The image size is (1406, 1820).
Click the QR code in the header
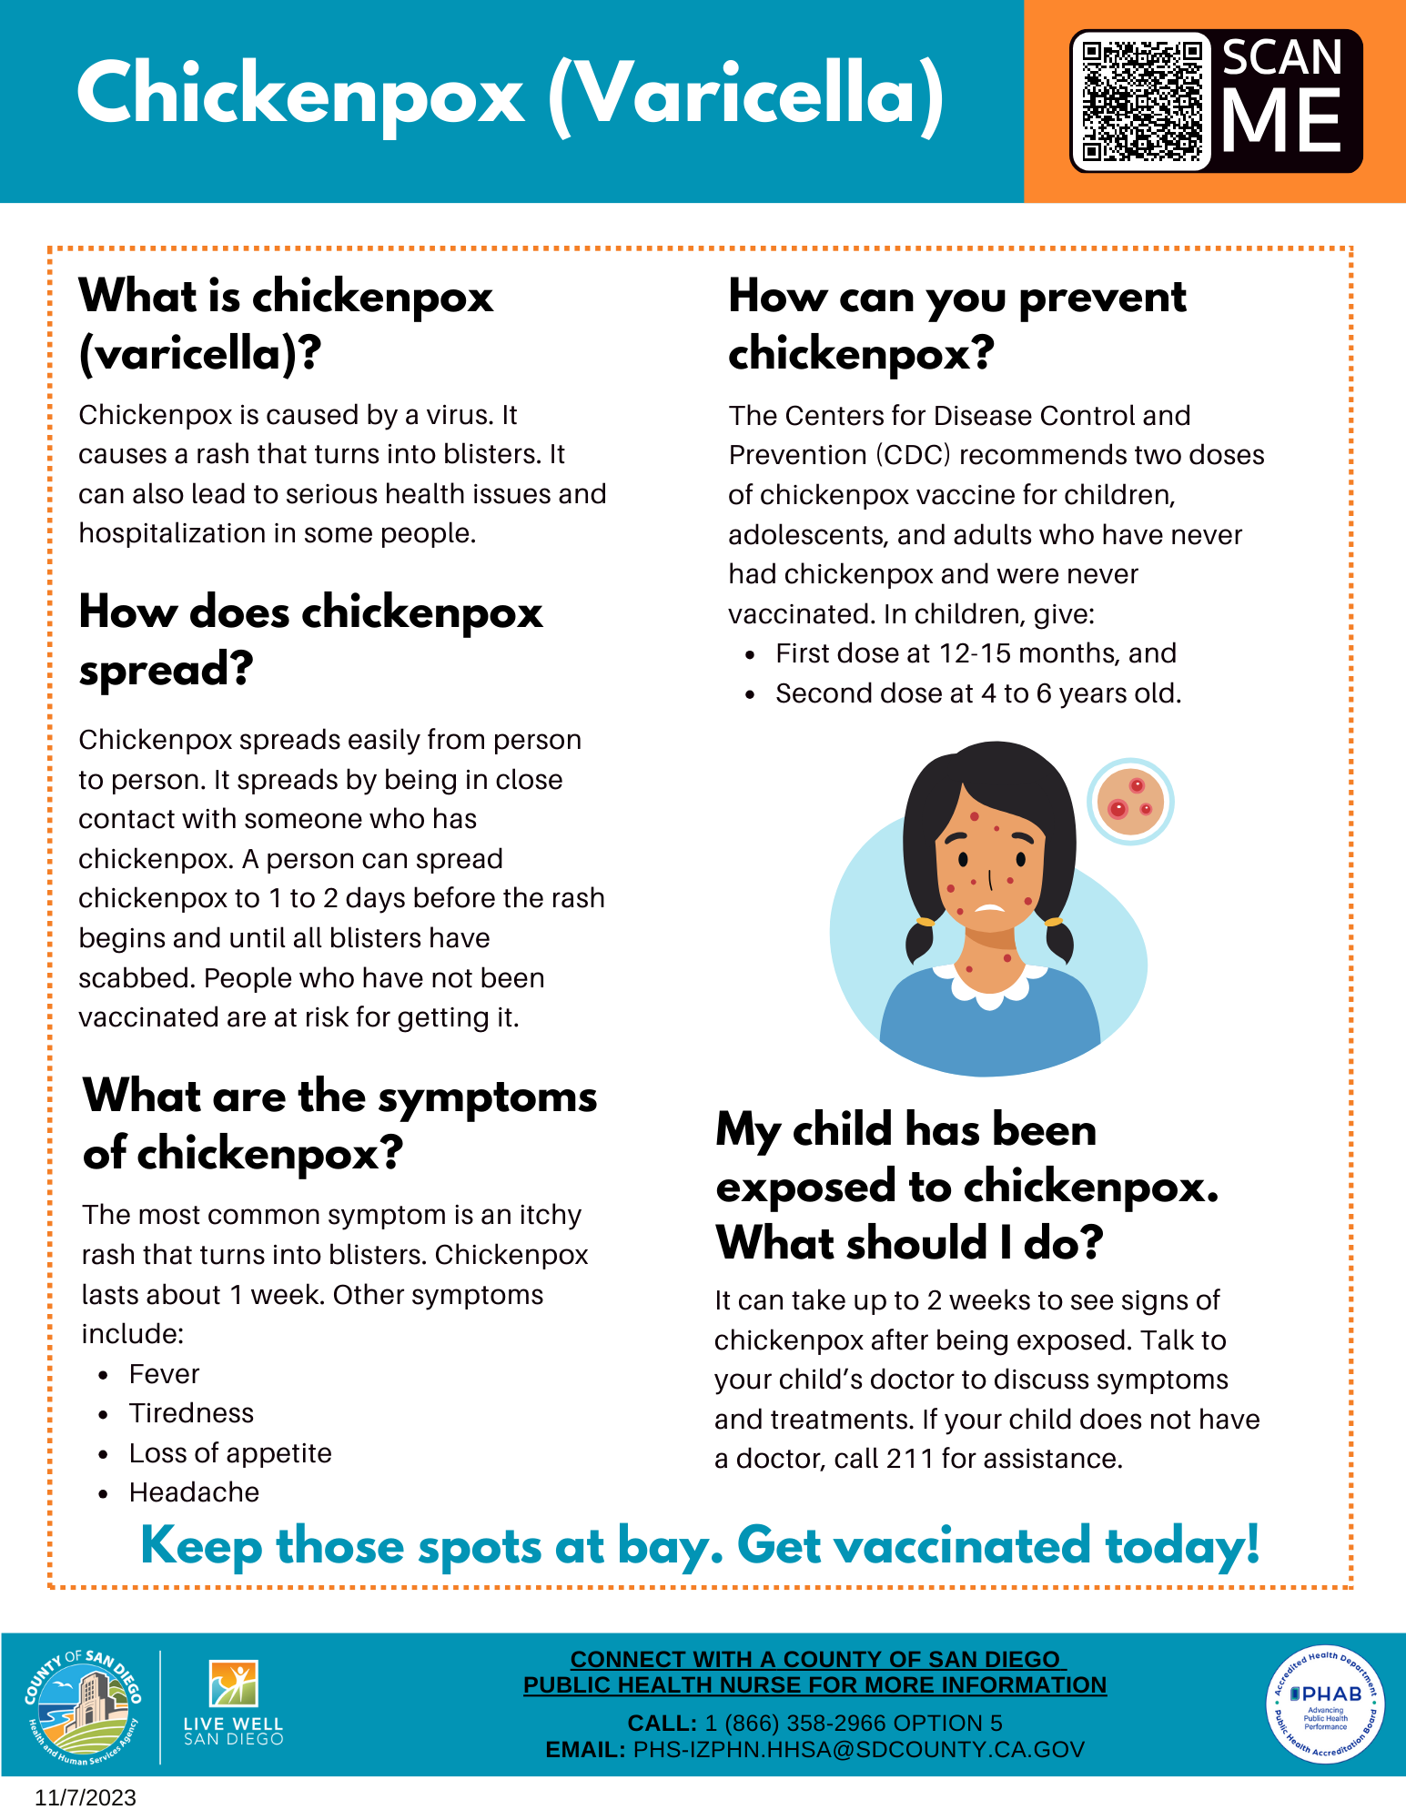click(1141, 101)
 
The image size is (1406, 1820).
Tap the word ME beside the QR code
click(1282, 121)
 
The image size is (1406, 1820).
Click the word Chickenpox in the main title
click(301, 95)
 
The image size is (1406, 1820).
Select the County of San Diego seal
click(83, 1706)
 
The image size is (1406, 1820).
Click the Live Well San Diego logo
click(234, 1704)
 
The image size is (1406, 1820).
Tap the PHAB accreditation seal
click(1325, 1704)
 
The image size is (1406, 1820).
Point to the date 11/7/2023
click(86, 1798)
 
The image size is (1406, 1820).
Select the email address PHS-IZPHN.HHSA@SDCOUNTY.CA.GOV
click(858, 1750)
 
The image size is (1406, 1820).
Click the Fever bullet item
click(164, 1374)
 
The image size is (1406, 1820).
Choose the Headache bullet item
click(194, 1492)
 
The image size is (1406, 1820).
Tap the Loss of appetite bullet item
click(230, 1453)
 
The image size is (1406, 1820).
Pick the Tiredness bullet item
click(191, 1413)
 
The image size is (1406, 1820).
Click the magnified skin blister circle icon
click(1130, 802)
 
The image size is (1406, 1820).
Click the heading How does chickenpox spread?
click(310, 641)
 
